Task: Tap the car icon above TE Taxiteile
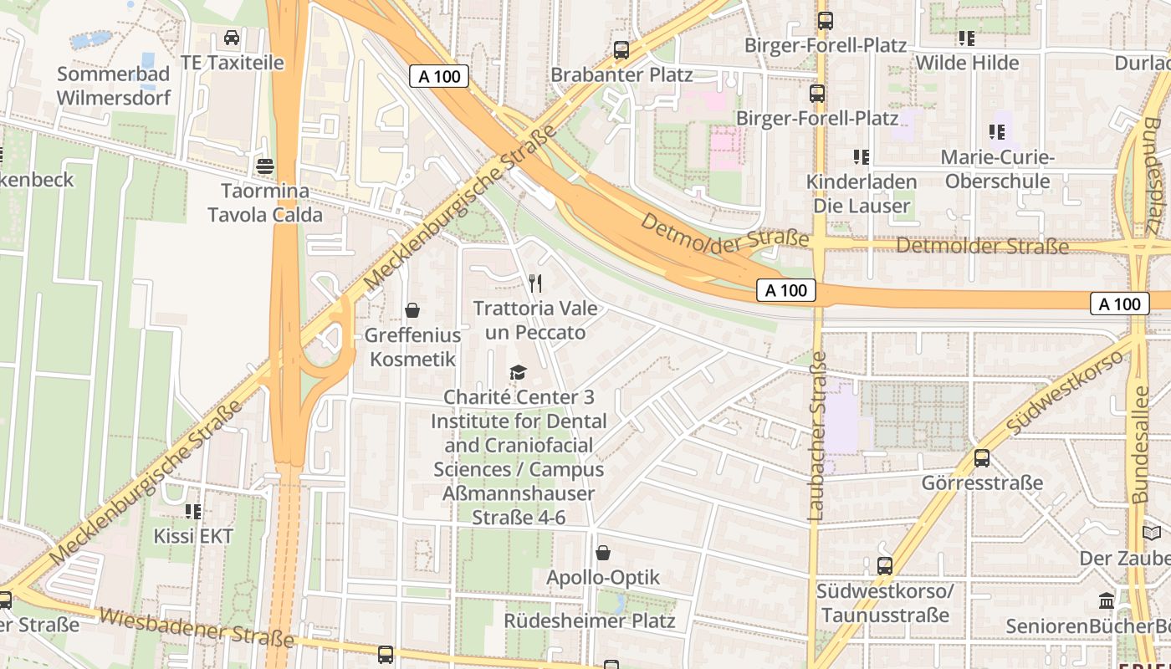(232, 38)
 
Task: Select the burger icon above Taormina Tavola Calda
(265, 166)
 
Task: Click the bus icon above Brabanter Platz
(621, 49)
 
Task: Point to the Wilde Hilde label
(967, 63)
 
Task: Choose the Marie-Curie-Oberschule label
(997, 169)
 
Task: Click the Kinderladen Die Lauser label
(862, 193)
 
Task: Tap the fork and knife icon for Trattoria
(535, 283)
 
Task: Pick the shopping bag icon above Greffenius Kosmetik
(412, 311)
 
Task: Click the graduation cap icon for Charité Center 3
(519, 372)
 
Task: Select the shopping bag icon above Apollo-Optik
(602, 553)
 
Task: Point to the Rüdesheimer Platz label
(589, 621)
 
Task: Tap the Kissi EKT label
(193, 536)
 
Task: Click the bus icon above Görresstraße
(982, 458)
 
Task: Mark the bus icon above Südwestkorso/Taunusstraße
(885, 566)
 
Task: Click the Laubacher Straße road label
(817, 437)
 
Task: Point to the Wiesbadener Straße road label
(197, 627)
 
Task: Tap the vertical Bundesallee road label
(1140, 443)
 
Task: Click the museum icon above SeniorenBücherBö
(1107, 600)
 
